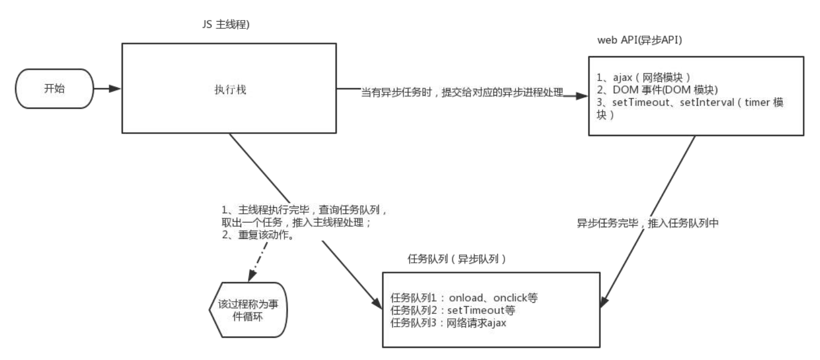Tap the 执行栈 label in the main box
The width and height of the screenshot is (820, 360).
pos(229,89)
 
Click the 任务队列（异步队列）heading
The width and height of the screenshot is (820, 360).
pos(457,259)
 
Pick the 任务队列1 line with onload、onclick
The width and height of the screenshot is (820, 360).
pos(464,298)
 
